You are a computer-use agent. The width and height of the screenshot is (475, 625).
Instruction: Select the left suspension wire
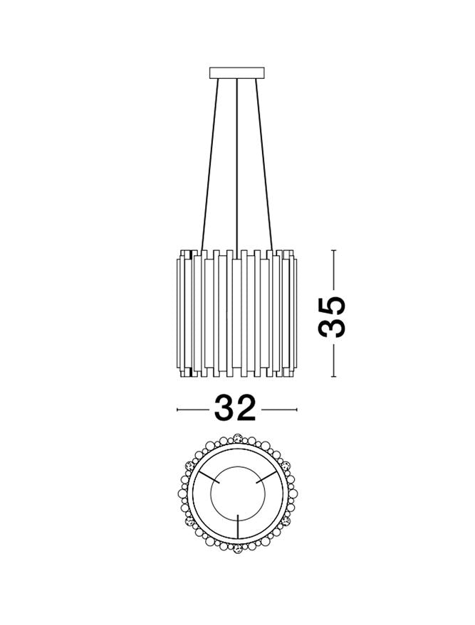click(211, 164)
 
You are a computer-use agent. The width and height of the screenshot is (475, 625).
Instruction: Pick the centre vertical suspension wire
click(238, 164)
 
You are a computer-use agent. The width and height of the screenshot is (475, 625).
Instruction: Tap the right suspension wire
click(264, 164)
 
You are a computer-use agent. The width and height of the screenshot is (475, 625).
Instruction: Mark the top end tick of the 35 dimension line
click(334, 250)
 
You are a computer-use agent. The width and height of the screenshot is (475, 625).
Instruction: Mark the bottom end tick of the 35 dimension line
click(334, 377)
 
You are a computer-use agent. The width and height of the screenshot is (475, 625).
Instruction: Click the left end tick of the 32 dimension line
click(177, 410)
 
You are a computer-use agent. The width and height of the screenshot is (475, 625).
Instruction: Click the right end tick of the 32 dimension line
click(297, 410)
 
